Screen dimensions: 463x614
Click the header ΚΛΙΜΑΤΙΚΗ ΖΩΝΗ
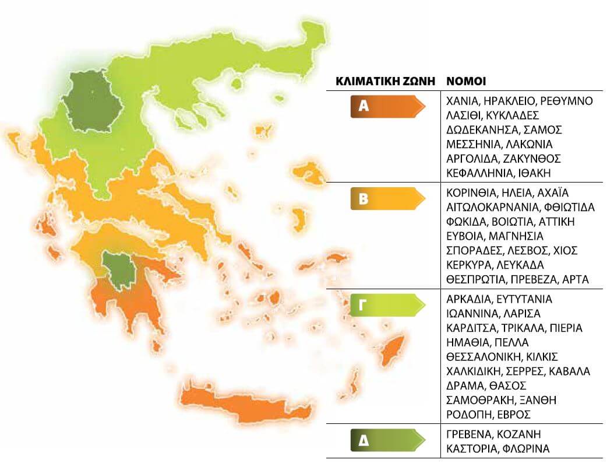386,81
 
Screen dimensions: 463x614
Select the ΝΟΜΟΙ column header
466,81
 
